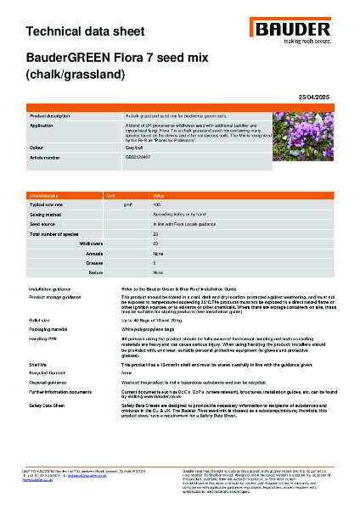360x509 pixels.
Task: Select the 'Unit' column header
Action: (110, 195)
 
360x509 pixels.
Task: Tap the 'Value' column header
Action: (159, 195)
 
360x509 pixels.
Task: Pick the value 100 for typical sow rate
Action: (156, 205)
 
